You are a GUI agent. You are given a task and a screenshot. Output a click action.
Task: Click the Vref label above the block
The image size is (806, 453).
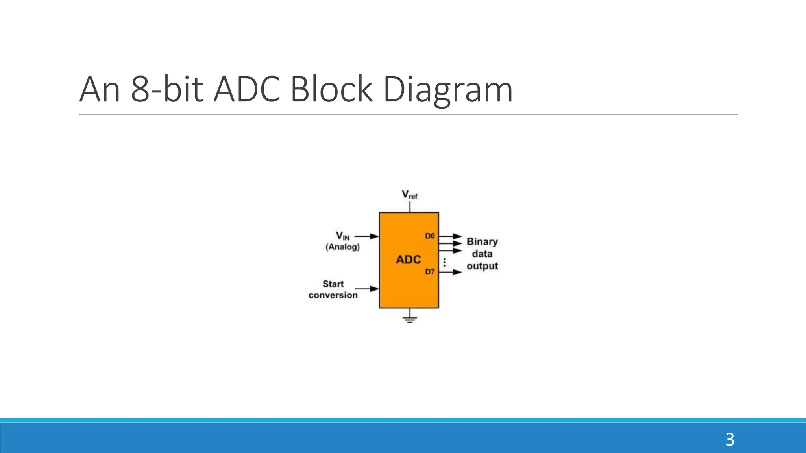(409, 195)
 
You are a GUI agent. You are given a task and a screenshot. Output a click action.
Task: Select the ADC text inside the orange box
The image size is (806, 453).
(409, 260)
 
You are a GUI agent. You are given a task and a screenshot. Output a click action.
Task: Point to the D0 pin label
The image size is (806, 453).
(430, 236)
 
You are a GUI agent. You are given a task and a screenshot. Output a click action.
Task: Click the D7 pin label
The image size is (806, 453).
(430, 272)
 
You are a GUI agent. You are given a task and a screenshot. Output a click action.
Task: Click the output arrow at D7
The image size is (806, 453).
(451, 272)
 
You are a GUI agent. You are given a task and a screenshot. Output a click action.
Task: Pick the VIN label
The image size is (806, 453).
(342, 236)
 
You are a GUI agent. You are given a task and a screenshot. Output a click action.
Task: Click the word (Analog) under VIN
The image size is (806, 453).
(342, 247)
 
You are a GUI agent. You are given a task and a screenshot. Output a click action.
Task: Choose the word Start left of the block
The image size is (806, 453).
(333, 284)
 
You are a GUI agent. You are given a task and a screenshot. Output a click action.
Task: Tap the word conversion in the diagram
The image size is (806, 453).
(333, 295)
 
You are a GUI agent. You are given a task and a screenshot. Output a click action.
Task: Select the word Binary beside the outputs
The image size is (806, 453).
(482, 241)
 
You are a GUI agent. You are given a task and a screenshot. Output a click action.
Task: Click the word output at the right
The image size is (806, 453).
(482, 266)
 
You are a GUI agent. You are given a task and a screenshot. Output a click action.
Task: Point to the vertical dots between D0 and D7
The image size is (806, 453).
(445, 262)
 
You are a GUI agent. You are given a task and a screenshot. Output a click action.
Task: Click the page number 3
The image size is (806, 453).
(730, 439)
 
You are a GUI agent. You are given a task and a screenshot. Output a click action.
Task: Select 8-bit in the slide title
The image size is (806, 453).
(167, 90)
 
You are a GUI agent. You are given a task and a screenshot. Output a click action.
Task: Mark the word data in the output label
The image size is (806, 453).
(482, 254)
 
